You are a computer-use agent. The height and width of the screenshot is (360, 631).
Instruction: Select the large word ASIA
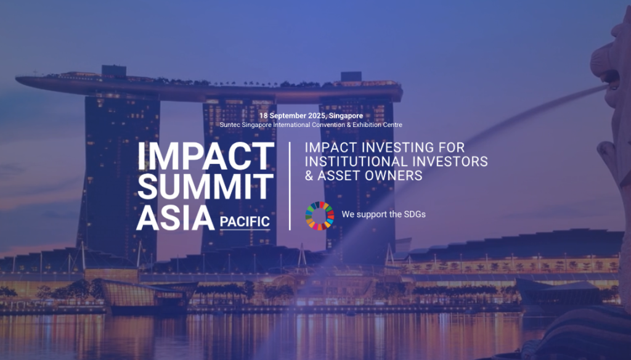point(171,218)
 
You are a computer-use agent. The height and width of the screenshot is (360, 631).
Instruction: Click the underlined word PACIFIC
point(245,221)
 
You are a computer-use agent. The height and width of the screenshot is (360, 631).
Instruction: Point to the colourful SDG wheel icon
point(320,215)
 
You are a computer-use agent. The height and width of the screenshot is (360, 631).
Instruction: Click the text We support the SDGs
point(383,215)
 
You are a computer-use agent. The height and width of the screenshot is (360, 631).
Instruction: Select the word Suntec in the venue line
point(231,125)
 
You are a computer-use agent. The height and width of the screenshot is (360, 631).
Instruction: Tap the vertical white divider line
point(290,186)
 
